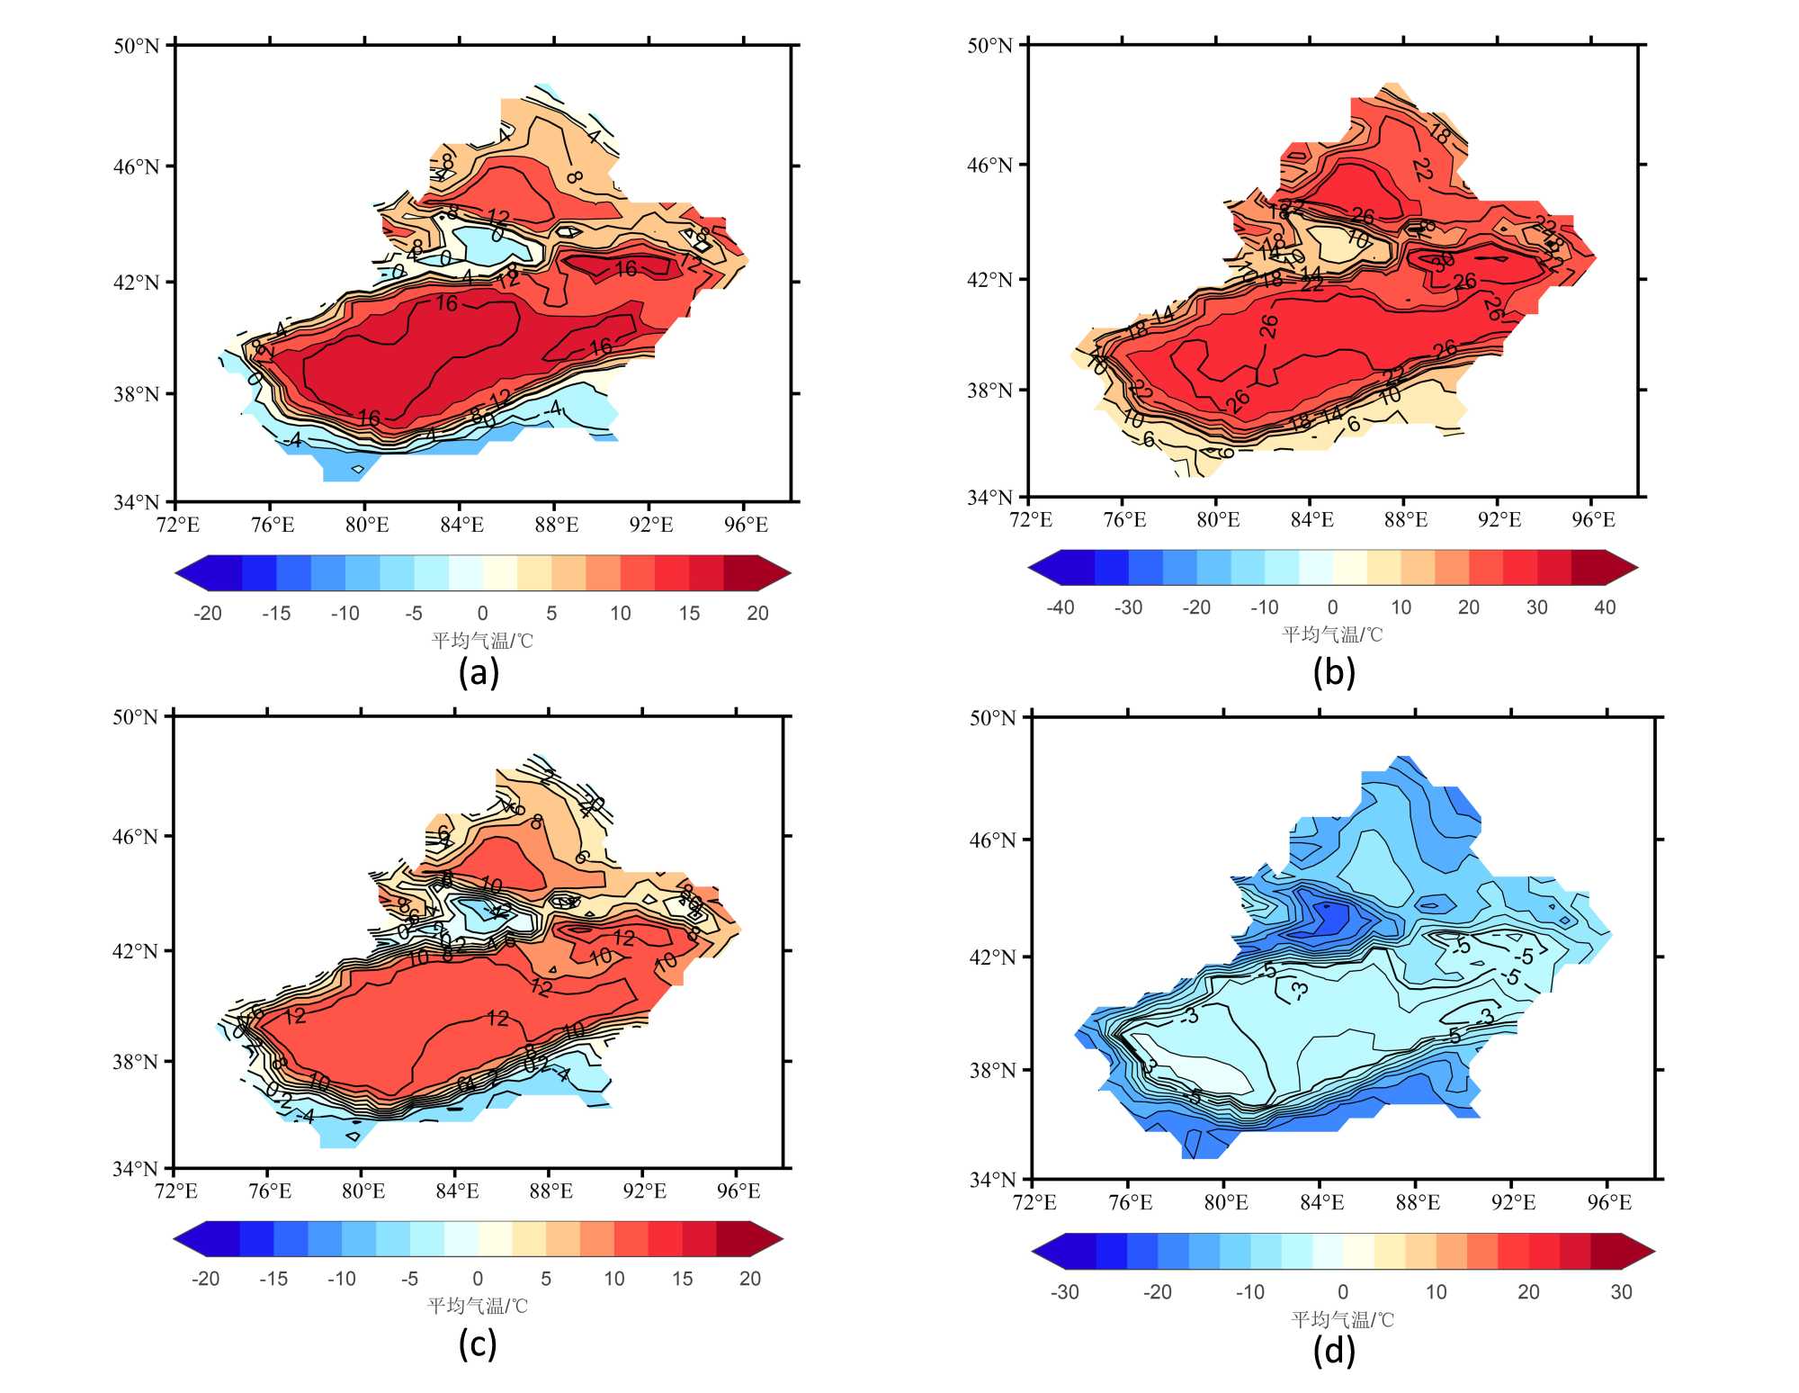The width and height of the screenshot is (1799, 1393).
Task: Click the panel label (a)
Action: point(478,672)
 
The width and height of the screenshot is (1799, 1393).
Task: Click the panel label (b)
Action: point(1333,672)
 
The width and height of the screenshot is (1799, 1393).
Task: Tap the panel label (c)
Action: point(477,1344)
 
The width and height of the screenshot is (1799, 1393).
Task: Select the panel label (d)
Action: point(1333,1350)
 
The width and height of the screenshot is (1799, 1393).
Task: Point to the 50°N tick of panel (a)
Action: point(136,45)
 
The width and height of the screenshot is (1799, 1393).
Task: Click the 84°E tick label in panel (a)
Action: point(461,525)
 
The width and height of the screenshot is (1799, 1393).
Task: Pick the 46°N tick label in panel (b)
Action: point(989,165)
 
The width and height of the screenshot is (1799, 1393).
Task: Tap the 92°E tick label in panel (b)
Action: point(1499,519)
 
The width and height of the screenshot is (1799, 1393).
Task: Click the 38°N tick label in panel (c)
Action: point(135,1061)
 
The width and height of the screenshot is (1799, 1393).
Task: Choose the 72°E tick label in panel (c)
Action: point(176,1191)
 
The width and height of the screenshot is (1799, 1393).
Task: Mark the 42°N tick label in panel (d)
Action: point(992,957)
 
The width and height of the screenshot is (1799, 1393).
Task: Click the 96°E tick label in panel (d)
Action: point(1609,1202)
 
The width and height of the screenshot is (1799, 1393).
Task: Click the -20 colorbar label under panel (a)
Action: point(207,614)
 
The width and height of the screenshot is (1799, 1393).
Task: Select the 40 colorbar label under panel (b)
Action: point(1605,607)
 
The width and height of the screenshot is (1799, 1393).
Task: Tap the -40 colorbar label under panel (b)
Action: point(1060,607)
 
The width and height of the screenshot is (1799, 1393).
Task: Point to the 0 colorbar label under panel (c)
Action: point(478,1279)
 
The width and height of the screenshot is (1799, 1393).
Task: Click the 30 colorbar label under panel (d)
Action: point(1621,1292)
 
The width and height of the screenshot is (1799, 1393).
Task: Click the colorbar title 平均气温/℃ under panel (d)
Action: point(1342,1319)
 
